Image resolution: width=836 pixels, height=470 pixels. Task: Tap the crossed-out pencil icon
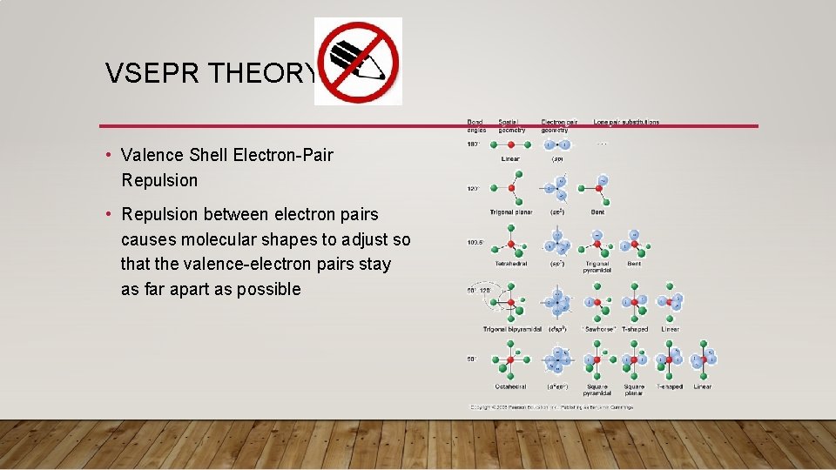point(357,61)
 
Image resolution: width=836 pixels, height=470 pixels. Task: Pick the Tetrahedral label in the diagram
point(510,263)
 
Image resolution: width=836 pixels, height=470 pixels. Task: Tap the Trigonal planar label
point(510,212)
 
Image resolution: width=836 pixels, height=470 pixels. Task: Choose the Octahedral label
point(510,386)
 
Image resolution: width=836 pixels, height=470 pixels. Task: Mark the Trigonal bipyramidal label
point(513,329)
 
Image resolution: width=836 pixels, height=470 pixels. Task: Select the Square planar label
point(634,390)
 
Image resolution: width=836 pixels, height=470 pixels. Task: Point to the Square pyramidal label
point(597,390)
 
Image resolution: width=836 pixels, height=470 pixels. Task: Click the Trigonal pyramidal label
point(597,266)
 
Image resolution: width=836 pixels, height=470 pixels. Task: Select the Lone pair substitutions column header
point(626,123)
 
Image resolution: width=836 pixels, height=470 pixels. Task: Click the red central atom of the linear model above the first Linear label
point(510,144)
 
